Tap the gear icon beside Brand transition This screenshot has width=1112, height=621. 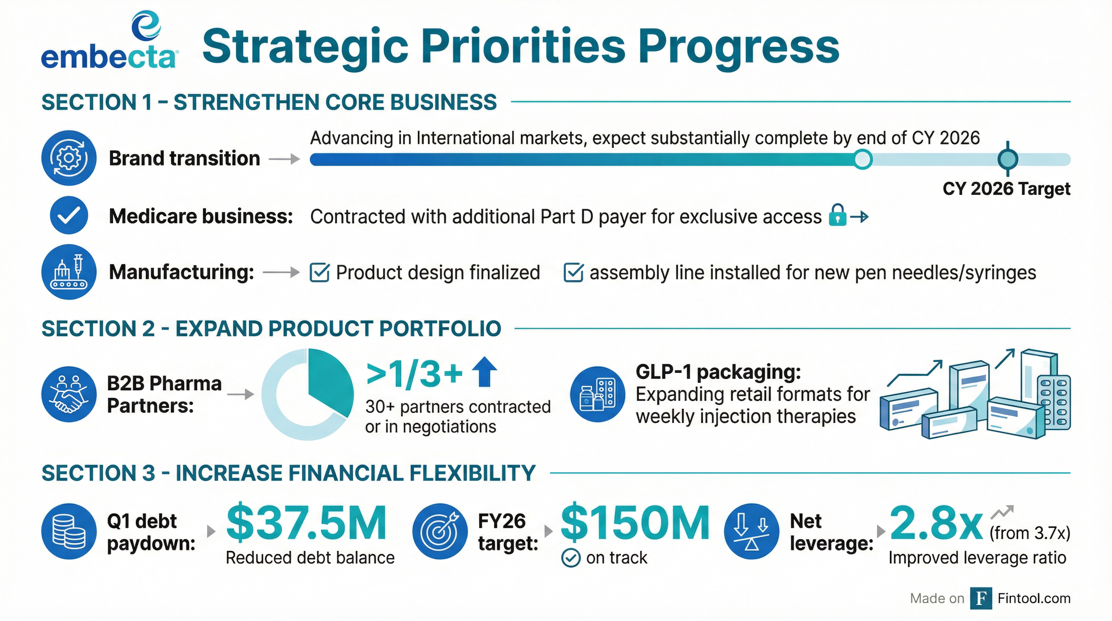[x=69, y=158]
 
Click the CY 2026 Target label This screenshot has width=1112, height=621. [x=1006, y=189]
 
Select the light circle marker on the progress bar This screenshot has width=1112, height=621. [x=863, y=159]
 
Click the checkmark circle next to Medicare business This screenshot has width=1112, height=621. [x=69, y=215]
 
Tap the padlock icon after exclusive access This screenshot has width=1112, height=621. [x=837, y=215]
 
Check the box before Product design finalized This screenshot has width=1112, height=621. [x=320, y=273]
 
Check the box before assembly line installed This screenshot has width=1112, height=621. [x=573, y=273]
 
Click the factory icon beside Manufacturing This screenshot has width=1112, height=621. [x=69, y=272]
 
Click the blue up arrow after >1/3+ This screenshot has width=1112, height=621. [x=484, y=372]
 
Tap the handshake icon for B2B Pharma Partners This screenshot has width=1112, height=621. [x=69, y=394]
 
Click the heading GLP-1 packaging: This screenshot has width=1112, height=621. [x=718, y=372]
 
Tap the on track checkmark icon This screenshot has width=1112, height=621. [x=571, y=558]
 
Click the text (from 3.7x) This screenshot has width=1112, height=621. [x=1030, y=533]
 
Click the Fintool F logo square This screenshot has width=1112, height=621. [x=981, y=598]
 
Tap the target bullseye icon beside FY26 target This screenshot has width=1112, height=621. [x=440, y=531]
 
